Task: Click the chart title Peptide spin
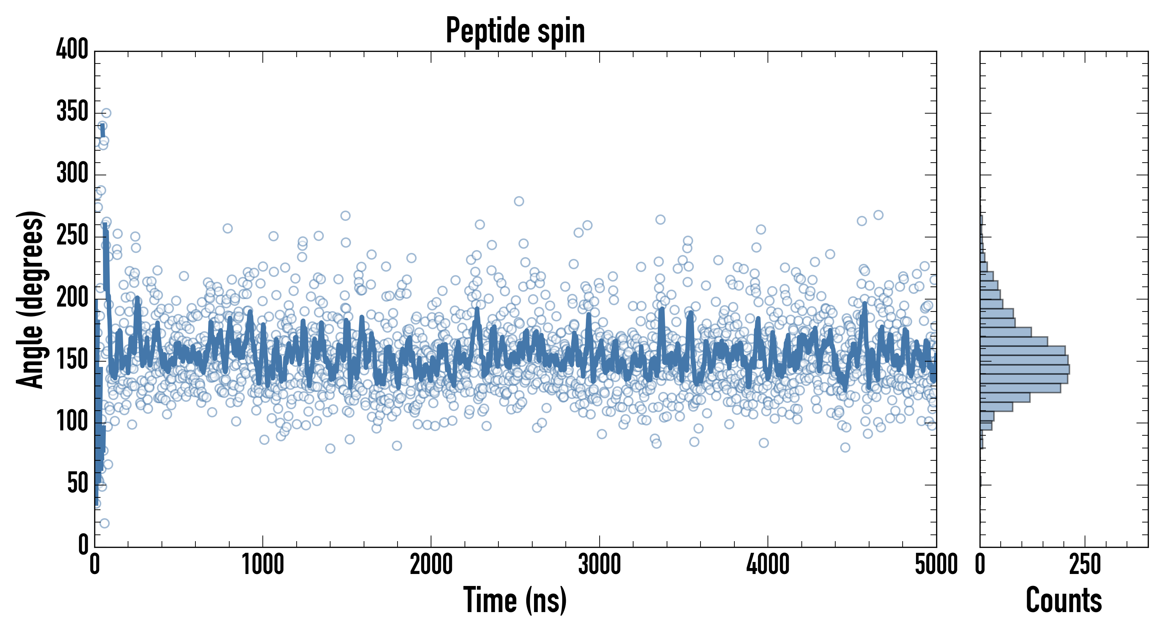515,31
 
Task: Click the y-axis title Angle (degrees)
31,299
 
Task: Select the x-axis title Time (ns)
515,600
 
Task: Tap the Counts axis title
1064,600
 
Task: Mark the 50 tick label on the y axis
78,484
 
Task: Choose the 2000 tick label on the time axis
431,565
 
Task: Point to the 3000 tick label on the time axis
600,565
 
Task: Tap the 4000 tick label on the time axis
768,565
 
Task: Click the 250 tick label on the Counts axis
1085,565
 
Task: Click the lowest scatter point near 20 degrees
104,524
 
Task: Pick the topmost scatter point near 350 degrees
106,113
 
